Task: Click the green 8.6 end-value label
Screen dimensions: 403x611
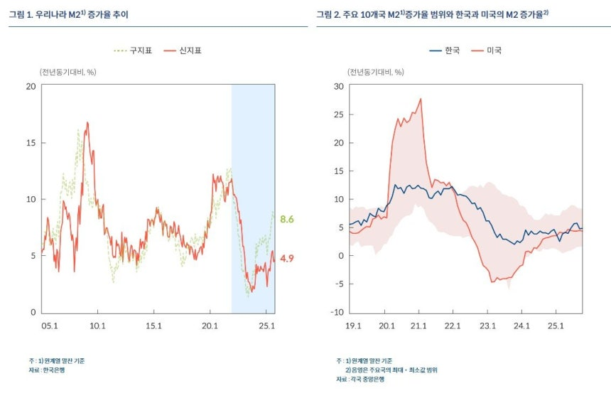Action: click(287, 220)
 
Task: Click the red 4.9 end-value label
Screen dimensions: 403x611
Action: click(287, 259)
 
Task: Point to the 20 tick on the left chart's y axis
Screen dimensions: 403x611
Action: click(30, 87)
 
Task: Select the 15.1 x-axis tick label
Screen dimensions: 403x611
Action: click(154, 326)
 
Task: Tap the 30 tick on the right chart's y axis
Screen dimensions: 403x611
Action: click(339, 87)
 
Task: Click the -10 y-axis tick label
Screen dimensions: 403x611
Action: click(337, 312)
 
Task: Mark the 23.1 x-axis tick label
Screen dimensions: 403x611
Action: click(487, 326)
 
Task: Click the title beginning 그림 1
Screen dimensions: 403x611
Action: click(69, 14)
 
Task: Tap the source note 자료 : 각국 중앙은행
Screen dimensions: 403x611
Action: click(360, 380)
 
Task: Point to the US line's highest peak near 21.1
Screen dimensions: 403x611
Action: click(421, 99)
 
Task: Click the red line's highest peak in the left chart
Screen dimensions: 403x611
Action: click(87, 123)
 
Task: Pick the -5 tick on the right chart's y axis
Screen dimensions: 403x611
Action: click(340, 284)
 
